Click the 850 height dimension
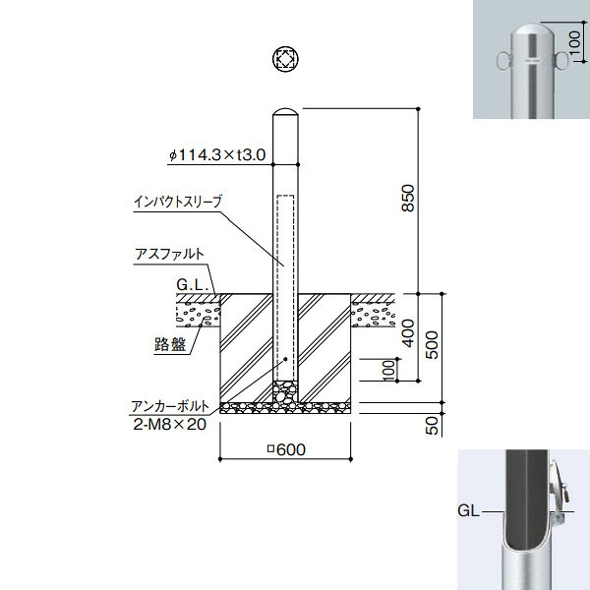(408, 198)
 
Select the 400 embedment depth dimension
(408, 333)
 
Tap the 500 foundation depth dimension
(433, 345)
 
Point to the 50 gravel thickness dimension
(433, 426)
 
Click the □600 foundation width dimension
(286, 449)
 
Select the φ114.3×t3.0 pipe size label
(217, 154)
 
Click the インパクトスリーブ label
(178, 202)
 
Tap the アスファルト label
(170, 254)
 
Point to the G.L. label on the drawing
(193, 284)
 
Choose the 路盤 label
(170, 344)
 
